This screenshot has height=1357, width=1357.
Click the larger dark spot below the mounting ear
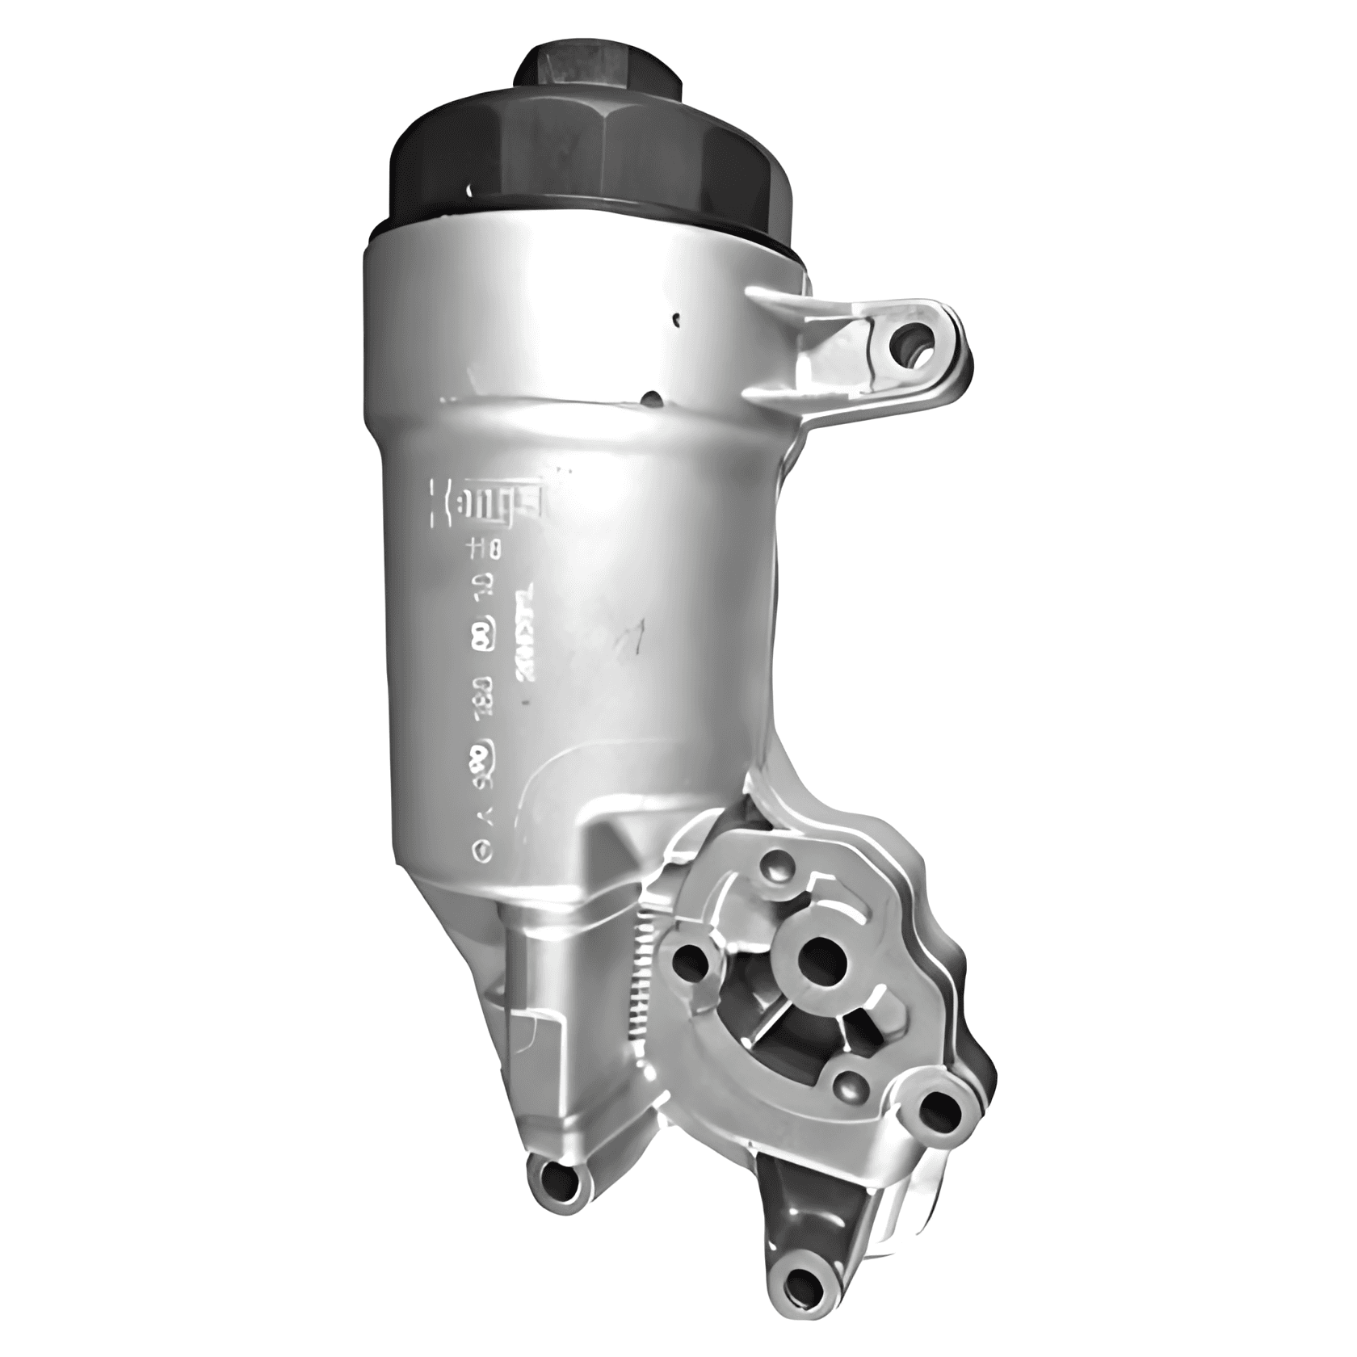[651, 398]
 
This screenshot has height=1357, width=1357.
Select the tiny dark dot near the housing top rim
[677, 321]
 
